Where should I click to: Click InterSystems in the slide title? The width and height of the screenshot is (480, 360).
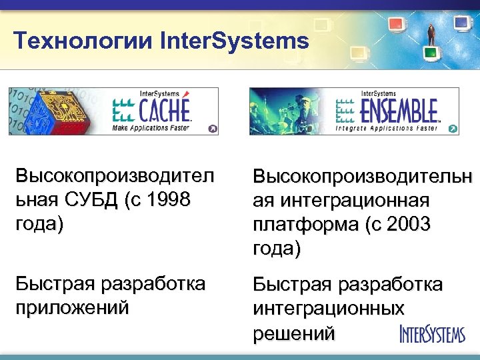click(x=235, y=41)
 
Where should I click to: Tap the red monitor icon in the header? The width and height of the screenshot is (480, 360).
click(x=397, y=25)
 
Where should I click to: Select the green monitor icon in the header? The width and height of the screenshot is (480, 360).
click(x=431, y=51)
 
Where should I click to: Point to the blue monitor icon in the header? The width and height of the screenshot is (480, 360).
click(x=462, y=23)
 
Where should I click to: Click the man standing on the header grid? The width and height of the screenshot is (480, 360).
click(x=431, y=30)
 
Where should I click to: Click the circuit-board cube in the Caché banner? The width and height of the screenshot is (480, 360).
click(x=43, y=111)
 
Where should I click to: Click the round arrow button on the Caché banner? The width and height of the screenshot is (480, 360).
click(x=212, y=129)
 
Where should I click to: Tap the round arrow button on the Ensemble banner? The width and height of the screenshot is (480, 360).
click(x=453, y=129)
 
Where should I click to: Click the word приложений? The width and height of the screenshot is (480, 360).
click(x=73, y=308)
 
